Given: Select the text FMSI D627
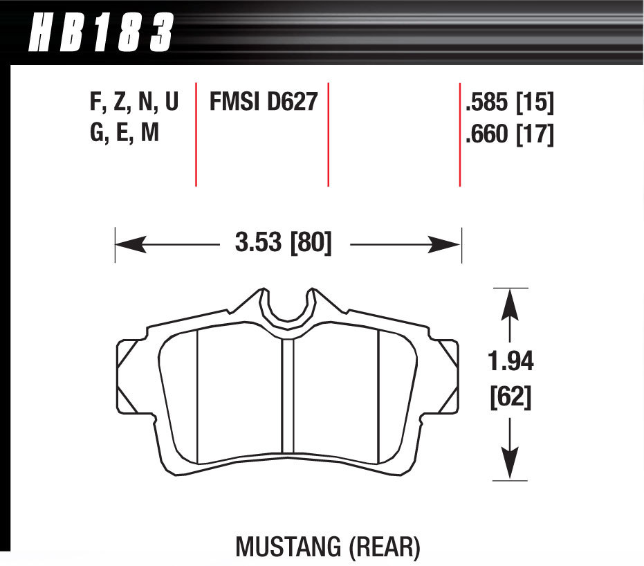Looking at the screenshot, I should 263,102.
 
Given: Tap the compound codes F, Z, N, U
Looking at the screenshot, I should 134,102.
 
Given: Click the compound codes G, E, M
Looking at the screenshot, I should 125,132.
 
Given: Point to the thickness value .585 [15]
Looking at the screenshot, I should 510,103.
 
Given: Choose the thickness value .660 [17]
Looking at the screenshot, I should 510,134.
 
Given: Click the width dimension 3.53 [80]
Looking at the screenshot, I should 284,244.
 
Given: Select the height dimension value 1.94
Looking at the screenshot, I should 510,361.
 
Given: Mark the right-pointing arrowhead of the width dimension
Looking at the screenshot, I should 446,244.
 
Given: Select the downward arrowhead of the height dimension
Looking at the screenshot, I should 510,464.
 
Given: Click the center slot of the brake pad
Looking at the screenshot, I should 288,398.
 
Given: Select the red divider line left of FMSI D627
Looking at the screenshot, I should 196,135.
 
